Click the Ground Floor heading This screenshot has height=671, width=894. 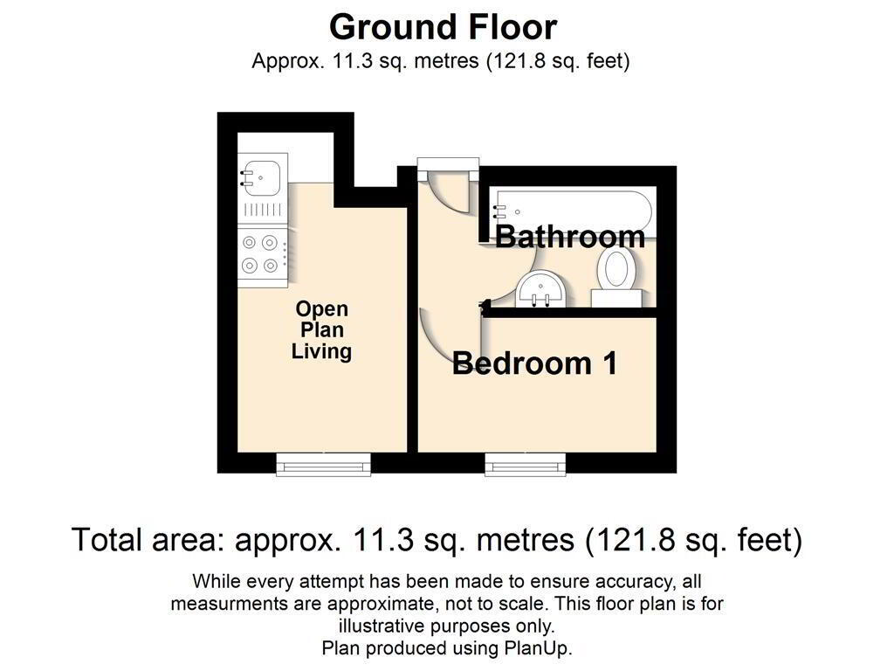click(x=443, y=27)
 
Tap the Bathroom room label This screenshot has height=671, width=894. click(x=569, y=236)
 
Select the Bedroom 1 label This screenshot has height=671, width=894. click(x=534, y=363)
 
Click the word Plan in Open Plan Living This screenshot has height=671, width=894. click(x=321, y=329)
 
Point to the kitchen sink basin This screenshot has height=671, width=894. click(x=262, y=177)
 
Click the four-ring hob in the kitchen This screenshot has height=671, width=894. click(x=262, y=254)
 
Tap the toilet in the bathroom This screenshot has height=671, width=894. click(x=616, y=277)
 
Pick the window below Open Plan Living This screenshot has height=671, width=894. click(x=323, y=465)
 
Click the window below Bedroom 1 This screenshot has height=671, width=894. click(x=525, y=465)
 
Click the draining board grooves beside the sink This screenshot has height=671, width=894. click(x=263, y=210)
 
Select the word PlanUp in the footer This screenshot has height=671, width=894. click(x=537, y=648)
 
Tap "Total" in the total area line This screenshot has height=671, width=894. click(x=107, y=540)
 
